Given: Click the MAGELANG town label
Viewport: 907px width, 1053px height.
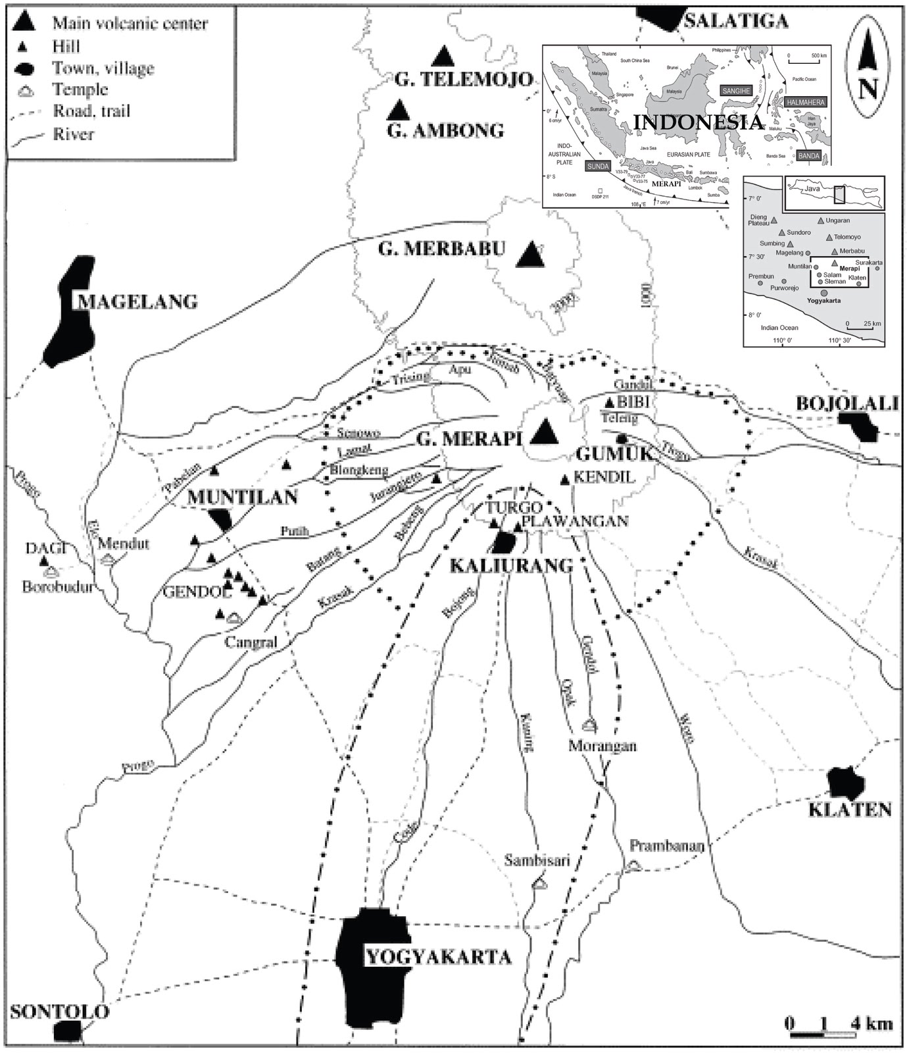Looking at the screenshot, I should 137,302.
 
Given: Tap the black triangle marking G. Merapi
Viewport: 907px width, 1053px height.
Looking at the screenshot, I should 544,432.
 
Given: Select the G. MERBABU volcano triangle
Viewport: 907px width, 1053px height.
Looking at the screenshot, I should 530,254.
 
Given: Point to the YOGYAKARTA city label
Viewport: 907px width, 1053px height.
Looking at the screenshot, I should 438,956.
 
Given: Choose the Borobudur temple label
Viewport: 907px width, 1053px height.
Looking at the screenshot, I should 57,587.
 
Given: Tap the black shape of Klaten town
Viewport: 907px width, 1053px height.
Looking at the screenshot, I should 846,783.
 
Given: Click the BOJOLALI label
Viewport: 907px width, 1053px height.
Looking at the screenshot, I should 847,403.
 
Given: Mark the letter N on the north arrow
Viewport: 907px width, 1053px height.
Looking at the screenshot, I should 868,87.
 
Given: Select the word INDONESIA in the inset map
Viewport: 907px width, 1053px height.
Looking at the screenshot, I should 698,122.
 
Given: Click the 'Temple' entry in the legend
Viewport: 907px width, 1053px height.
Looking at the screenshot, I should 80,90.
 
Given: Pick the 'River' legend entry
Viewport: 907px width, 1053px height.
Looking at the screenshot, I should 73,134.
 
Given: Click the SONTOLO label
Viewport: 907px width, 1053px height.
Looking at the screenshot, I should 59,1012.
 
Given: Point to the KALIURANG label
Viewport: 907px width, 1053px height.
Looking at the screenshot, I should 511,565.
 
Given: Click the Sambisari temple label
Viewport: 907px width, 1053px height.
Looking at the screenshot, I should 537,860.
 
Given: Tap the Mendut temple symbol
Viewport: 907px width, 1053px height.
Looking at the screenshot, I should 109,559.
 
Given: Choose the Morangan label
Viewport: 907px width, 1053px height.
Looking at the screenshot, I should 603,746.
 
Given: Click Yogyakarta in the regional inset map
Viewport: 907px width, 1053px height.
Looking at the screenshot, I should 823,300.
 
